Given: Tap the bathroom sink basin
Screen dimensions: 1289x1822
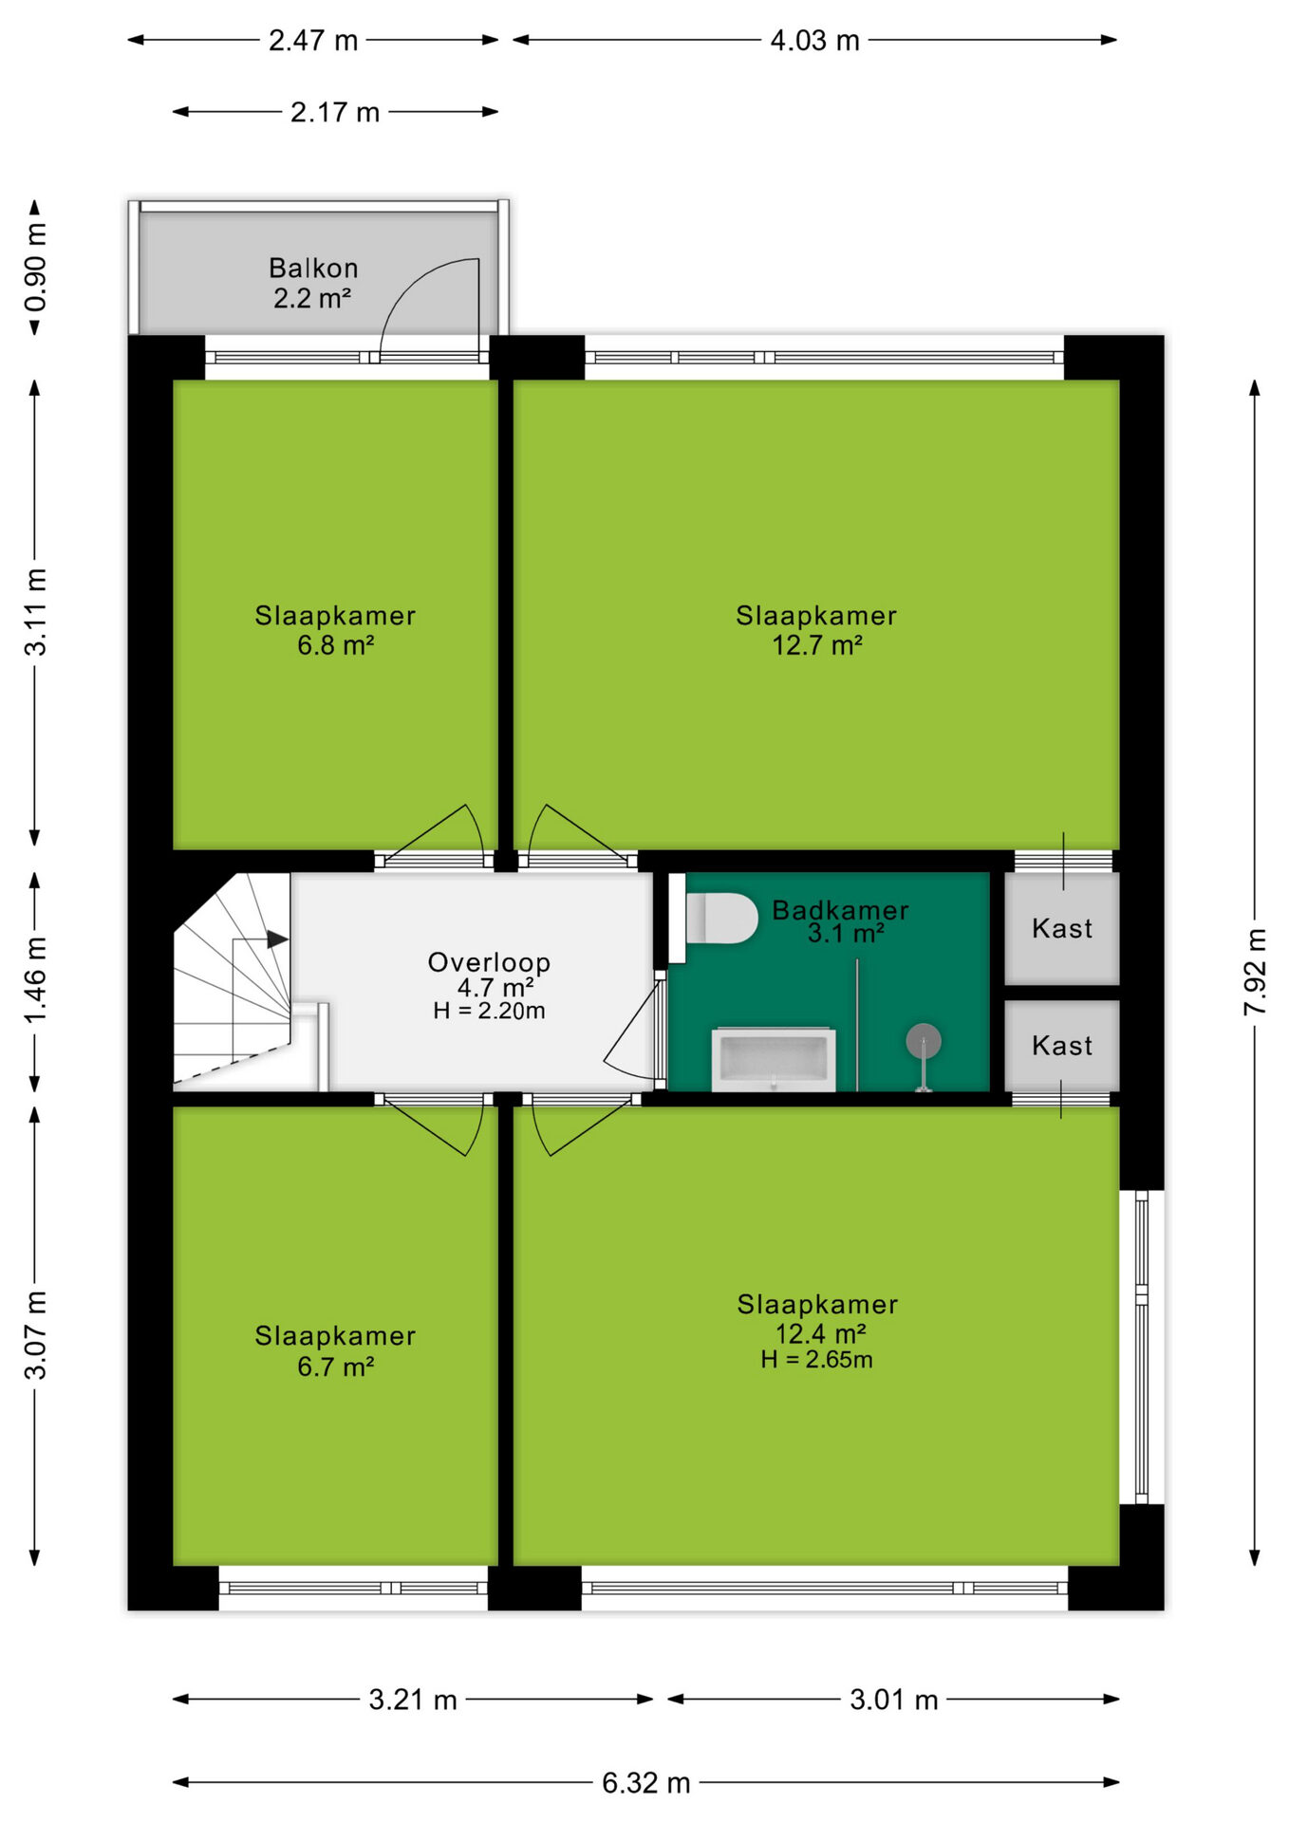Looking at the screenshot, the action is coord(774,1059).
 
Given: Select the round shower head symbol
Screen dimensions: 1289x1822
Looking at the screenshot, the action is coord(923,1041).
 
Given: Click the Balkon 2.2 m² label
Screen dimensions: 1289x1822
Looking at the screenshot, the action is coord(313,283).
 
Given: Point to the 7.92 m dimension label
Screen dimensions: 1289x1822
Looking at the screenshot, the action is coord(1255,972).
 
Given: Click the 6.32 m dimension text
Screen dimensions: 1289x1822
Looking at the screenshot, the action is coord(645,1783).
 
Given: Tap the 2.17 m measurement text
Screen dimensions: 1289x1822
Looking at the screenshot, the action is coord(335,112).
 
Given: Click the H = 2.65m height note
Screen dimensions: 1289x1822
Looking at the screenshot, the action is coord(816,1360).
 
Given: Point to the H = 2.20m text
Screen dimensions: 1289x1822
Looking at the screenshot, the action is coord(489,1011).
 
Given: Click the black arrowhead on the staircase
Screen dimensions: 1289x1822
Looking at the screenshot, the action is coord(277,939).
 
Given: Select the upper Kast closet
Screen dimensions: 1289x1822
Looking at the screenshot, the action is coord(1062,928).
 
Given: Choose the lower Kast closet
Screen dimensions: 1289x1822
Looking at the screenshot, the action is coord(1062,1046).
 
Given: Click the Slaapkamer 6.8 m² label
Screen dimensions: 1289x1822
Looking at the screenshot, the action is coord(335,630).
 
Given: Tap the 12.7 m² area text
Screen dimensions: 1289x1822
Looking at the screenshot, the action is coord(816,645).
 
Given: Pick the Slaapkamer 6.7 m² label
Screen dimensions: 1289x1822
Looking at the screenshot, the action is coord(335,1351).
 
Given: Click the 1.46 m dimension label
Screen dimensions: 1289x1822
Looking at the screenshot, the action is coord(35,980).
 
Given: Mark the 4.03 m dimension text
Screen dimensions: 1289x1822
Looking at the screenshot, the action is coord(814,41).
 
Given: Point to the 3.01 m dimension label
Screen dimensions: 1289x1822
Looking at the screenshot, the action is coord(893,1700).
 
